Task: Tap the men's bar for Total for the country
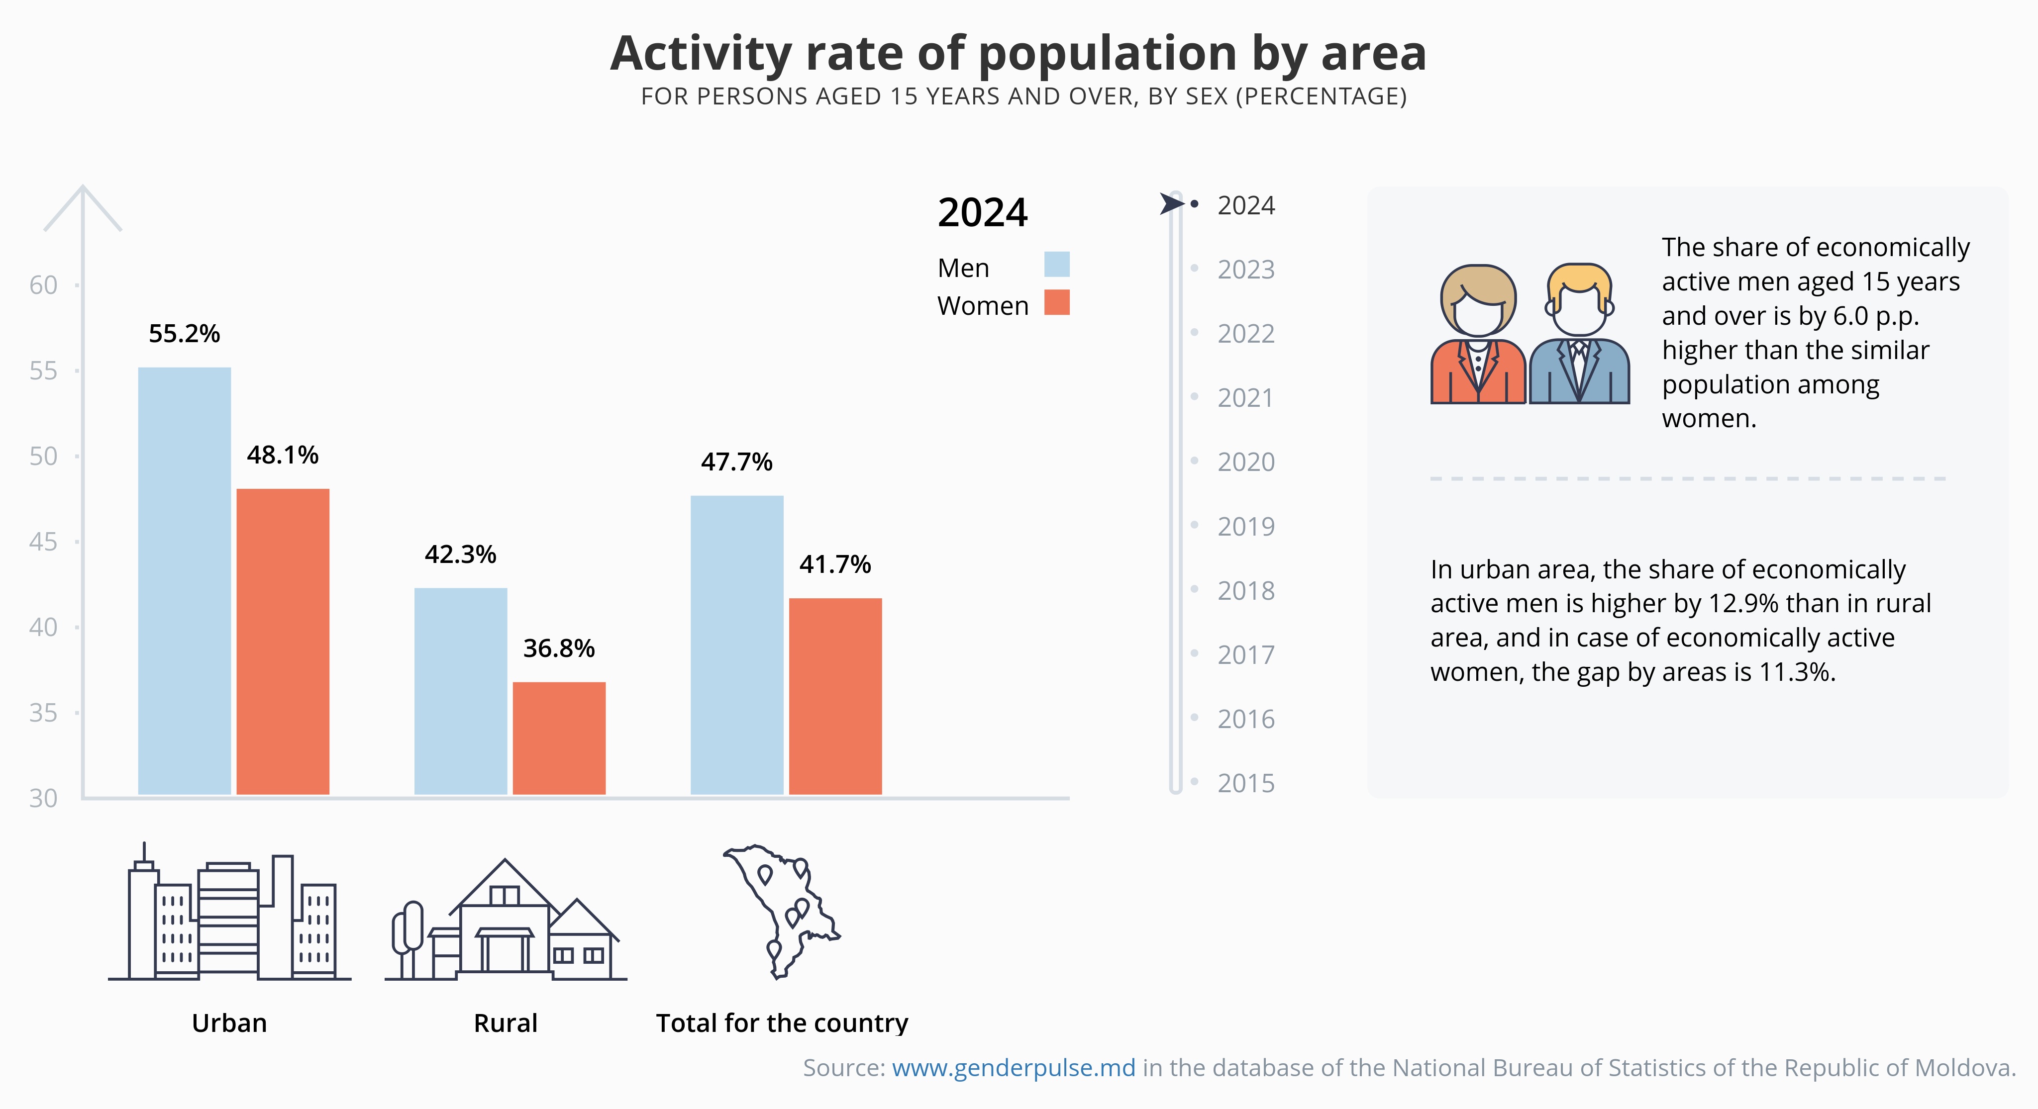point(736,645)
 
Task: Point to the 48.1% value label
point(283,455)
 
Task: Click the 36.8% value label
point(559,648)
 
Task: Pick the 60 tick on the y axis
point(43,285)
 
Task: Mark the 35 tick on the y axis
point(43,713)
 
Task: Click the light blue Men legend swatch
point(1056,264)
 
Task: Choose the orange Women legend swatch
point(1056,302)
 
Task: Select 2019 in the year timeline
point(1245,526)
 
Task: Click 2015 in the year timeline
point(1245,783)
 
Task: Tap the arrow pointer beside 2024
point(1171,204)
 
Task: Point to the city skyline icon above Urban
point(229,918)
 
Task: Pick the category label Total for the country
point(782,1023)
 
